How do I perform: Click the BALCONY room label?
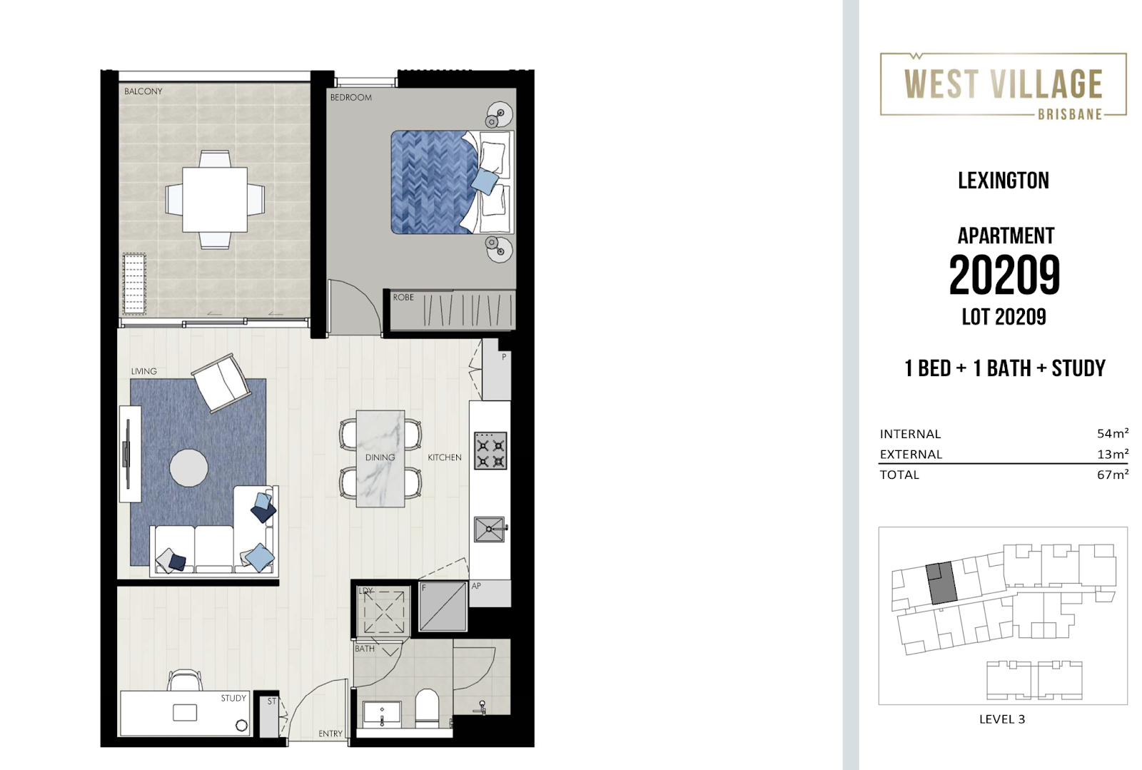point(143,91)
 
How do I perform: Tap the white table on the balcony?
point(215,199)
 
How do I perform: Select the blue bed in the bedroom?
point(432,182)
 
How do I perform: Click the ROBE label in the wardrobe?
point(403,297)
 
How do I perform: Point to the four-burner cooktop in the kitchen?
point(490,450)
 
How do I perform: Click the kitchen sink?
point(489,530)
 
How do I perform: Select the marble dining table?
point(380,458)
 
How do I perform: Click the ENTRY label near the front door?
point(330,734)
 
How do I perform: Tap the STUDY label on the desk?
point(233,698)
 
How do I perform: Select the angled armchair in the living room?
point(221,383)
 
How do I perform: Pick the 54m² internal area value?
point(1112,433)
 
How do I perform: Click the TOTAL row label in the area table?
point(899,475)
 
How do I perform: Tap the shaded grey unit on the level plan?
point(941,583)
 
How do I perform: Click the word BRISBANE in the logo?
point(1069,114)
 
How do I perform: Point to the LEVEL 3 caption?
point(1001,719)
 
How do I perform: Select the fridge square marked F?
point(443,606)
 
